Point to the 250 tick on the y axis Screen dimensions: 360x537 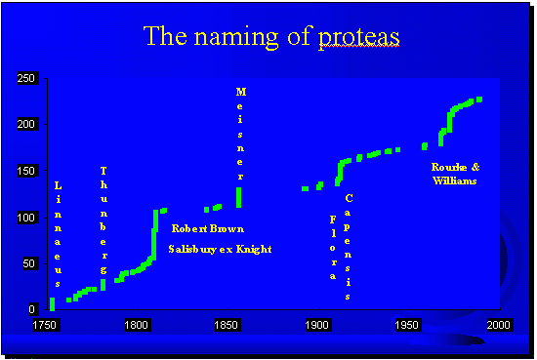pos(27,78)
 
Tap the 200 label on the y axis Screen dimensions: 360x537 pos(27,124)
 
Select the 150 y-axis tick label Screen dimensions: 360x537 pos(27,171)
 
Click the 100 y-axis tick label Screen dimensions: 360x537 pos(27,217)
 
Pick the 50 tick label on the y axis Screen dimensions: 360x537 pos(30,263)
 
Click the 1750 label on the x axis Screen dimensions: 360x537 pos(44,324)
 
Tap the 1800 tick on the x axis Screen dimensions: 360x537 pos(136,324)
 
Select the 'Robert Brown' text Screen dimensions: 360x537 pos(208,229)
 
